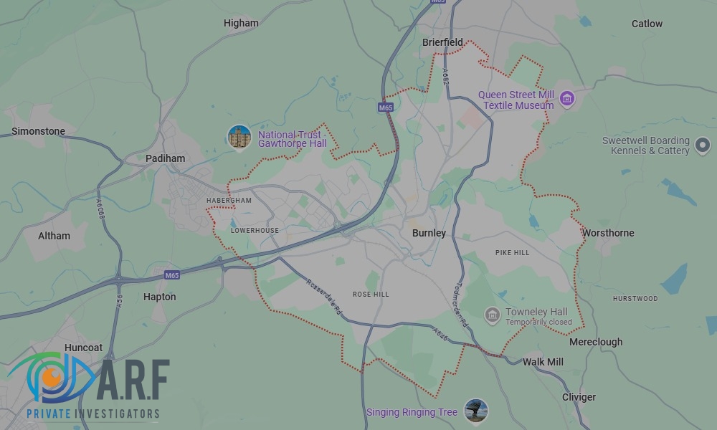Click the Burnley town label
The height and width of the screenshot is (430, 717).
(x=429, y=233)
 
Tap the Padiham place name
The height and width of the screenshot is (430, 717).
(x=165, y=158)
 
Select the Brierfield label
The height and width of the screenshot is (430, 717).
(x=442, y=42)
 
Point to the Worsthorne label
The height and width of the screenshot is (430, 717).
(x=608, y=233)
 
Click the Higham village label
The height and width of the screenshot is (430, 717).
(x=241, y=23)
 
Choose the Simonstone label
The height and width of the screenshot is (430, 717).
(x=38, y=131)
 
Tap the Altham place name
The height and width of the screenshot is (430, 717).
(x=54, y=235)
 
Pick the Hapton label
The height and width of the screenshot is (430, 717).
(x=159, y=297)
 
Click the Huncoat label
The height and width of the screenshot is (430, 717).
(x=83, y=348)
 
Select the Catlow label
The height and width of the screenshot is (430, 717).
(x=647, y=24)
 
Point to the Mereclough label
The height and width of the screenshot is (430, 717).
(x=596, y=342)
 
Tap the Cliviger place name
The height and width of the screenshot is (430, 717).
(x=579, y=397)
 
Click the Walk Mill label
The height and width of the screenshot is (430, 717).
(x=543, y=362)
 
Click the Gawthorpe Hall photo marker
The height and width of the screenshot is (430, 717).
(x=239, y=137)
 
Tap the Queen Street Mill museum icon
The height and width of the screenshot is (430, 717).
(x=567, y=98)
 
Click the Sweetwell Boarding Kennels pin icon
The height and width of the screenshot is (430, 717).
(x=703, y=148)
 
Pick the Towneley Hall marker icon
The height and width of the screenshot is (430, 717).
(x=492, y=315)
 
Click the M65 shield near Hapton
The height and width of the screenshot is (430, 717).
(x=171, y=275)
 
